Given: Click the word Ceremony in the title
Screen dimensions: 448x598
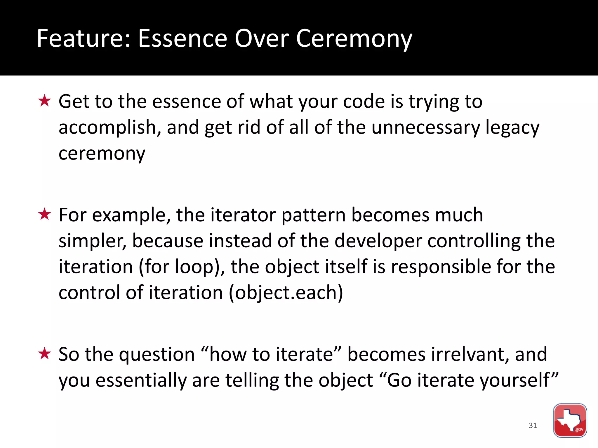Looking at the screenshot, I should pyautogui.click(x=354, y=39).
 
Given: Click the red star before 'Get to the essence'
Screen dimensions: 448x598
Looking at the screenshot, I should pyautogui.click(x=45, y=101).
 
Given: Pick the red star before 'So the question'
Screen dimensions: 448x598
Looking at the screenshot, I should pyautogui.click(x=45, y=354).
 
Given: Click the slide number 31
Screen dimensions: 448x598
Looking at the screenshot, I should pyautogui.click(x=533, y=425).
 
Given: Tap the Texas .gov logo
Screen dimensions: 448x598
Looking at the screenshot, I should pyautogui.click(x=570, y=420).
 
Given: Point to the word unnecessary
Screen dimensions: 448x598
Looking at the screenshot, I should pyautogui.click(x=425, y=128).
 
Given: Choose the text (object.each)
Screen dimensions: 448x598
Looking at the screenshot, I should pyautogui.click(x=286, y=293).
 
